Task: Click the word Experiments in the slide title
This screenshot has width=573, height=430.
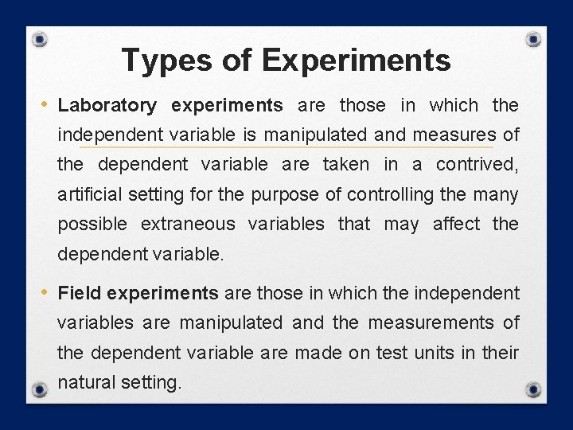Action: (355, 60)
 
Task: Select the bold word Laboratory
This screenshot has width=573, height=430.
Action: (107, 105)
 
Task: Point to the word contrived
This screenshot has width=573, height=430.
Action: (477, 165)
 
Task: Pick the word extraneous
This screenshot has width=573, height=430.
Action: (188, 225)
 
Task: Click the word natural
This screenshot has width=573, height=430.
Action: (86, 382)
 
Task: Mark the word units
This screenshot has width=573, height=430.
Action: (436, 352)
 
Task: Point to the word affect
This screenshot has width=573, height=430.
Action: (456, 225)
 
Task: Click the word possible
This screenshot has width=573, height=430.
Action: (92, 225)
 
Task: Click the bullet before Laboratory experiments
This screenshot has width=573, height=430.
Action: (45, 104)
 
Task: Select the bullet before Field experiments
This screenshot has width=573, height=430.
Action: (45, 292)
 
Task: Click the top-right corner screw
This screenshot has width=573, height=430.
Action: (534, 39)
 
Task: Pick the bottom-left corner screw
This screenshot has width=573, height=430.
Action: (40, 389)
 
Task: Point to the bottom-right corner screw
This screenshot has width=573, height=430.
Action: (534, 389)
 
